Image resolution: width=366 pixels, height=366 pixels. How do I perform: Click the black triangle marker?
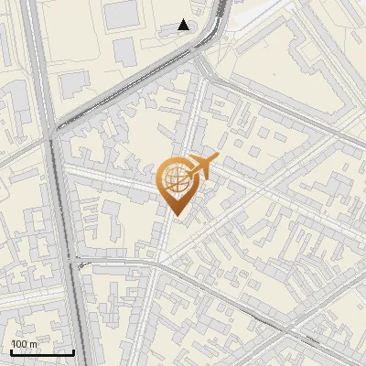point(184,25)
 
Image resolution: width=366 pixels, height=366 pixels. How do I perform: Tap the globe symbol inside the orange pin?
point(176,177)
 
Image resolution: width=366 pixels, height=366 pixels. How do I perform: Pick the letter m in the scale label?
point(34,344)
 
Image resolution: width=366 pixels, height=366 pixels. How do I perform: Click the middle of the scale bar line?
point(42,352)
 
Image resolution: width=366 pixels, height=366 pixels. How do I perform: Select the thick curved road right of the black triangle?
point(217,27)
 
